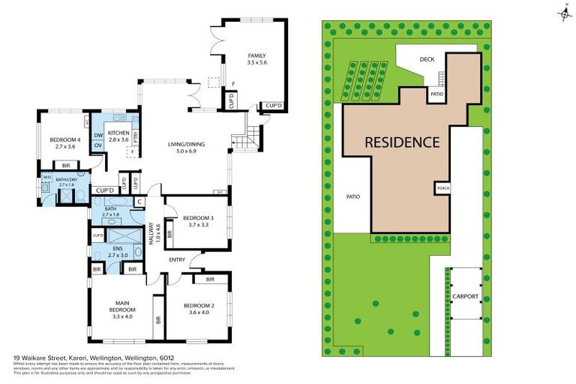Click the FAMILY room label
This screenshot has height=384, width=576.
(x=257, y=55)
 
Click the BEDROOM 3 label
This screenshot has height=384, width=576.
(x=197, y=218)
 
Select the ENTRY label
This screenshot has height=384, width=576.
(x=177, y=259)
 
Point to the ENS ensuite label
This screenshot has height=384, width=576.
(x=117, y=248)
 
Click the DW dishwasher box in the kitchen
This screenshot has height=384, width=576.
(x=97, y=136)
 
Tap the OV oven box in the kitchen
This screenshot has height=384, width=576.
(x=97, y=145)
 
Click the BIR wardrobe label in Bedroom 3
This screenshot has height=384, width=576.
(x=170, y=234)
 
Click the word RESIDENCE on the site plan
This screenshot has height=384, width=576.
(x=402, y=142)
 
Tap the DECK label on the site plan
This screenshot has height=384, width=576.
(x=427, y=59)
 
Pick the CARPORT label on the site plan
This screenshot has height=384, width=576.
(x=465, y=296)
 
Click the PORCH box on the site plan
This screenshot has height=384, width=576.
(x=442, y=187)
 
